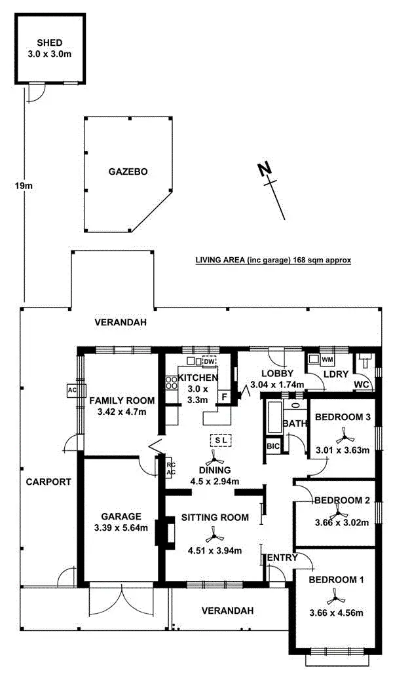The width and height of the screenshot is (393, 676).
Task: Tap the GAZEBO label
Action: click(x=128, y=172)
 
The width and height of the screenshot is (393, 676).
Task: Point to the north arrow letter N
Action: click(x=264, y=169)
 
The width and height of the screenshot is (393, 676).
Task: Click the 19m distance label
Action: click(x=23, y=186)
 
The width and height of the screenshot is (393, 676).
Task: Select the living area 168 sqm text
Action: click(x=273, y=260)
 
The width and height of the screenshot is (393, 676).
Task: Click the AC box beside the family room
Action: click(x=72, y=390)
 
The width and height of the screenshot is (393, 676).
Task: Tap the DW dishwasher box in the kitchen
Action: click(x=209, y=361)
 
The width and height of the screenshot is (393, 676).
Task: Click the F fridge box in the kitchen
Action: click(x=224, y=397)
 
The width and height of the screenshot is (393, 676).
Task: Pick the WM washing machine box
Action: click(x=327, y=359)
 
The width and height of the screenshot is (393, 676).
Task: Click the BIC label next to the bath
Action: click(x=273, y=446)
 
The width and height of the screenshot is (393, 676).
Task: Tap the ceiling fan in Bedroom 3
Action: click(x=342, y=435)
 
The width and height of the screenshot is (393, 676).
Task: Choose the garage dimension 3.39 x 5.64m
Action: click(x=121, y=527)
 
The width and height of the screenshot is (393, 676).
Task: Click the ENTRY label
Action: click(x=282, y=558)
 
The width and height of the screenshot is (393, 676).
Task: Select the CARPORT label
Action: click(x=48, y=482)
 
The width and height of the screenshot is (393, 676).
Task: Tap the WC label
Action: click(x=362, y=383)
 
